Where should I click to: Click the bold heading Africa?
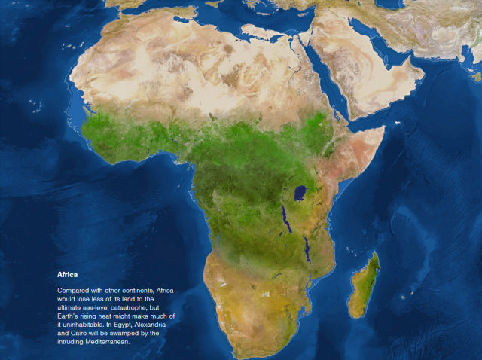coord(68,276)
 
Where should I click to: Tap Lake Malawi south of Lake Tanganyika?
coord(307,249)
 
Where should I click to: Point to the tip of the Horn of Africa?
coord(385,128)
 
